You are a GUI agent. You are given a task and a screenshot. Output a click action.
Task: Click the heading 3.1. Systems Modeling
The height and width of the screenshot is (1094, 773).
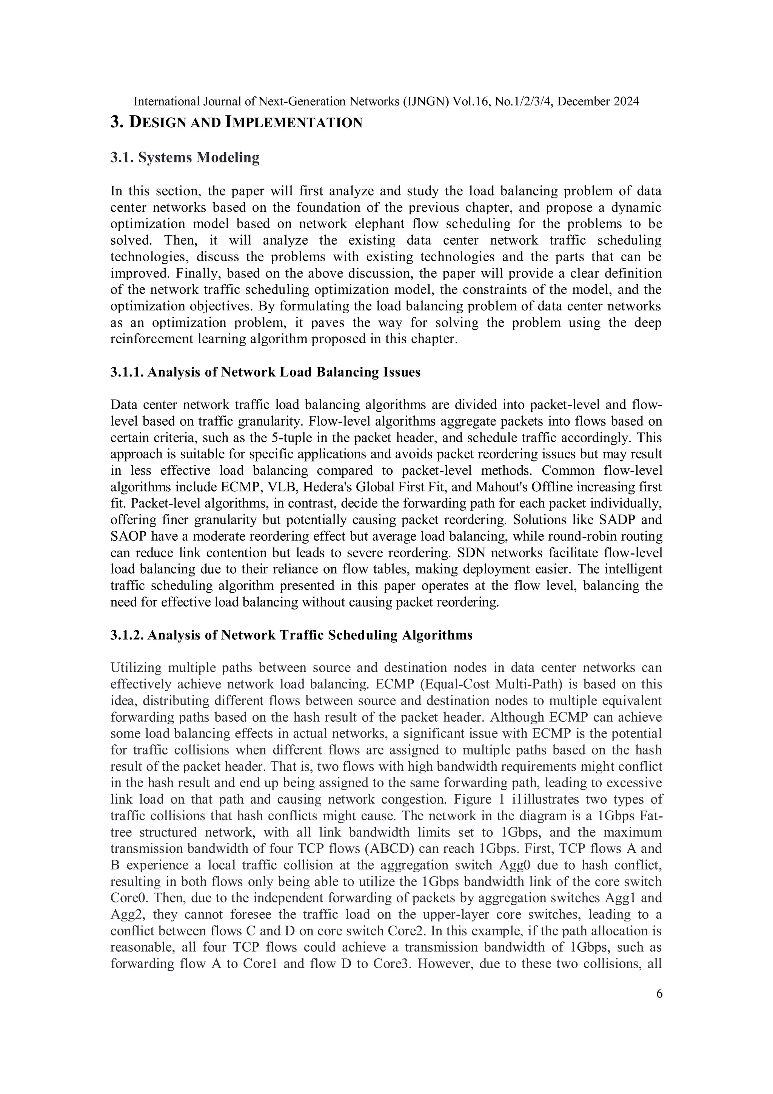coord(185,158)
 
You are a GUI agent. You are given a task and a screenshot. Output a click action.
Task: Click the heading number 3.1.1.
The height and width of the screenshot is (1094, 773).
coord(127,372)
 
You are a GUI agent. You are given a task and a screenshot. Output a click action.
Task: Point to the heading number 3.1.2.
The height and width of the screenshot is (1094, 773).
coord(127,635)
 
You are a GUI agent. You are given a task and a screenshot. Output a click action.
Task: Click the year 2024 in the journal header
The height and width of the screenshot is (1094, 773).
coord(624,102)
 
